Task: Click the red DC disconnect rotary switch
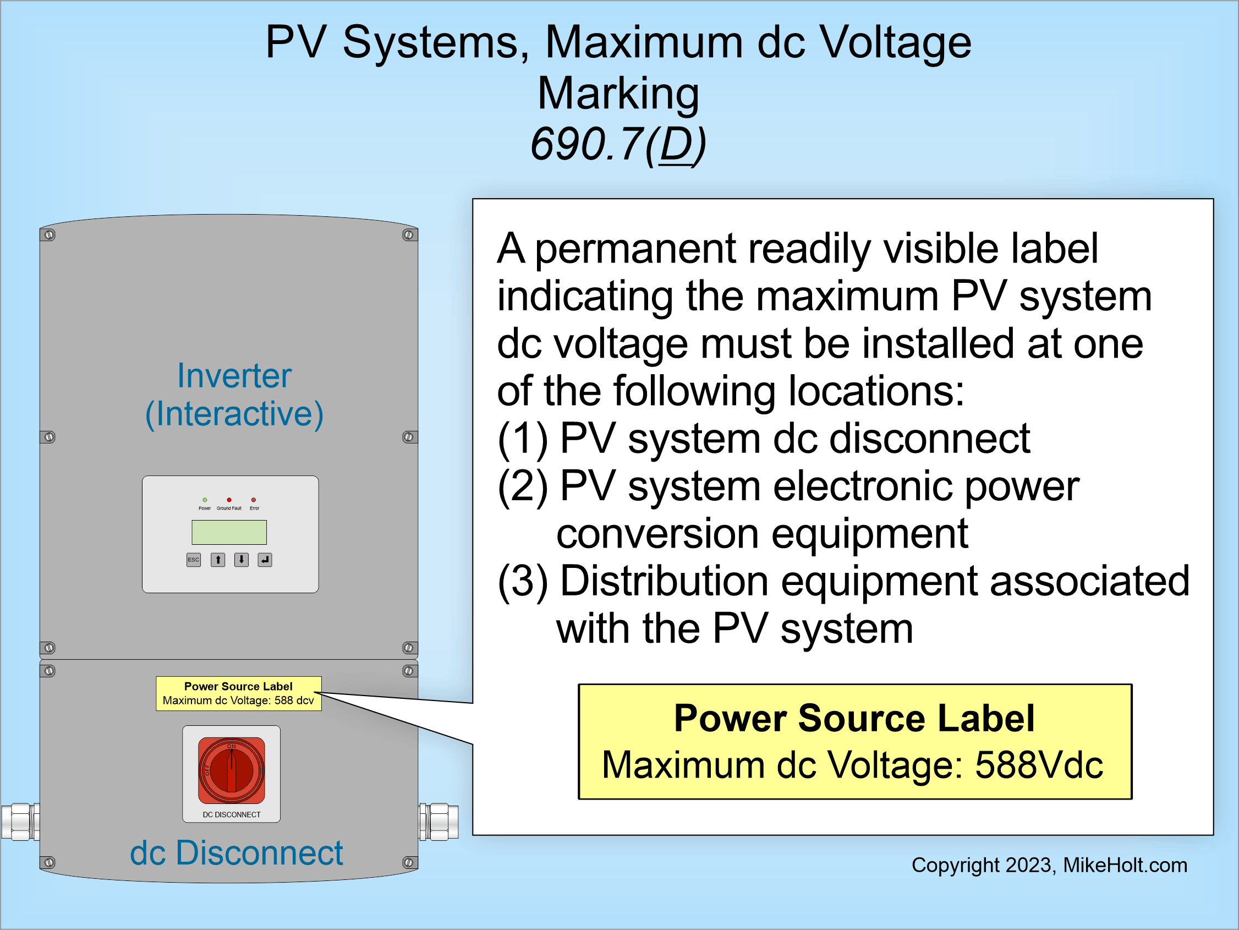(231, 770)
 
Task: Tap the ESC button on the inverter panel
(193, 560)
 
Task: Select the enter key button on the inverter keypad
(265, 560)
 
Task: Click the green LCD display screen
(229, 532)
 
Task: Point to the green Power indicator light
(205, 500)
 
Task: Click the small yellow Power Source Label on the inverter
(239, 693)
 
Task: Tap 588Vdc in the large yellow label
(1039, 765)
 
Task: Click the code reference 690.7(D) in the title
(618, 145)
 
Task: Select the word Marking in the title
(618, 94)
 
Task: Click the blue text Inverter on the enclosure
(234, 375)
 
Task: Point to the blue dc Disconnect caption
(236, 854)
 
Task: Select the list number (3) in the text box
(523, 582)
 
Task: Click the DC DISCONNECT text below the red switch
(231, 814)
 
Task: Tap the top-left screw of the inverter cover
(50, 235)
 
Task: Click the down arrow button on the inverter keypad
(242, 560)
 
